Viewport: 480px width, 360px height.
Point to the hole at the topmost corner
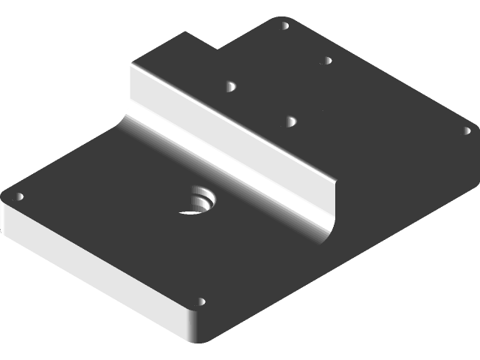[x=284, y=25]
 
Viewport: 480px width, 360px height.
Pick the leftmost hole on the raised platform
[x=230, y=87]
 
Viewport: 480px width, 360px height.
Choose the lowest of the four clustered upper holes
[x=291, y=119]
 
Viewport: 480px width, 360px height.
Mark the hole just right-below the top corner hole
[x=327, y=60]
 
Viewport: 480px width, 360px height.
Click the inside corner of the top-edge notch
[x=217, y=48]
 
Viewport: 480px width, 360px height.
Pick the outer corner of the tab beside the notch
[x=187, y=32]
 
